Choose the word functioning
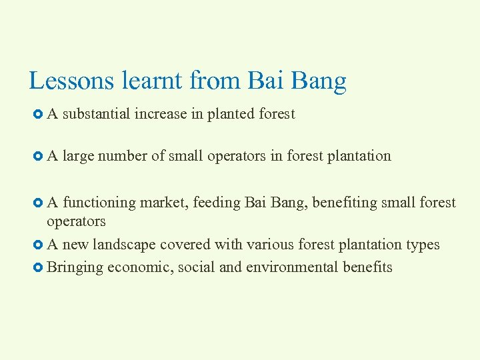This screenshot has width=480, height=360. [99, 203]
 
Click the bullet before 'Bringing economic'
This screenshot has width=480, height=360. [37, 268]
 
